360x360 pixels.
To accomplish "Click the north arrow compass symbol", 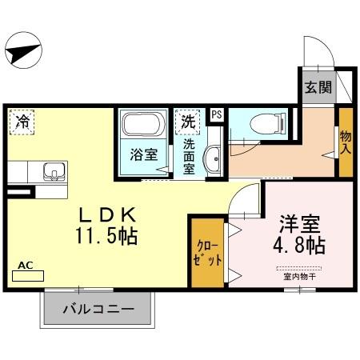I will [x=22, y=54].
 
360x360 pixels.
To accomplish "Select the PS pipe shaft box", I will [x=216, y=114].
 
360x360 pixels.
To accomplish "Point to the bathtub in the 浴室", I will [x=144, y=126].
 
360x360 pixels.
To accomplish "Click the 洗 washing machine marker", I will [x=186, y=123].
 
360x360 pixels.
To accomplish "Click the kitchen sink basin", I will [x=52, y=171].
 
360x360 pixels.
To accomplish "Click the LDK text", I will [x=110, y=215].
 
